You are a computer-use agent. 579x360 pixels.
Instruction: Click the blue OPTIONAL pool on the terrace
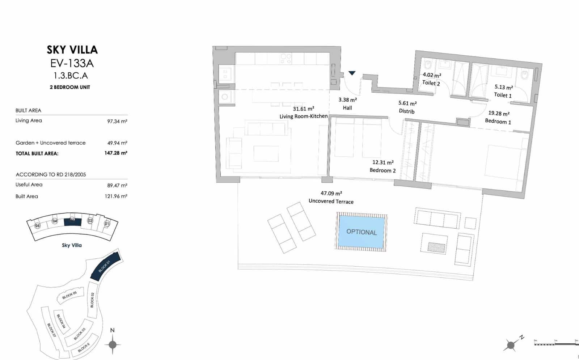361,232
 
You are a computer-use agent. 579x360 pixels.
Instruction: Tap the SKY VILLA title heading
72,50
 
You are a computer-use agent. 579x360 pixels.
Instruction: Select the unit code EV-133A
72,63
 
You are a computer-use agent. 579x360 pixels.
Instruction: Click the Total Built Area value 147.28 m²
116,153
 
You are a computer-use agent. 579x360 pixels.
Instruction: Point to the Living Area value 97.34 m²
117,121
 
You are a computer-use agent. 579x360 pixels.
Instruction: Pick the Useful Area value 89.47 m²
117,185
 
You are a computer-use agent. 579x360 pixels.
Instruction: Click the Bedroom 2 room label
383,170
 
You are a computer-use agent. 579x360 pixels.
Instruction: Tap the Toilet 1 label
503,95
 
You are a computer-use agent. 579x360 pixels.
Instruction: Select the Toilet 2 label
431,83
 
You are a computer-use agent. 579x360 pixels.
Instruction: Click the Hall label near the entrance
347,108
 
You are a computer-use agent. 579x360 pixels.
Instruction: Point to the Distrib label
407,111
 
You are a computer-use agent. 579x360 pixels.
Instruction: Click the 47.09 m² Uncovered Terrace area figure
331,194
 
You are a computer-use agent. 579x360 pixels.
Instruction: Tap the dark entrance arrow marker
352,73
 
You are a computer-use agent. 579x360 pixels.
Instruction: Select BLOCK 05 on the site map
70,295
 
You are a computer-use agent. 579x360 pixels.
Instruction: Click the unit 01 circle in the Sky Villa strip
107,224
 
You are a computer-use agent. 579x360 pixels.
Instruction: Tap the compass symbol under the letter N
113,344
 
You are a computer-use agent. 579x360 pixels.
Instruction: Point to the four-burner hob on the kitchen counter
286,59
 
